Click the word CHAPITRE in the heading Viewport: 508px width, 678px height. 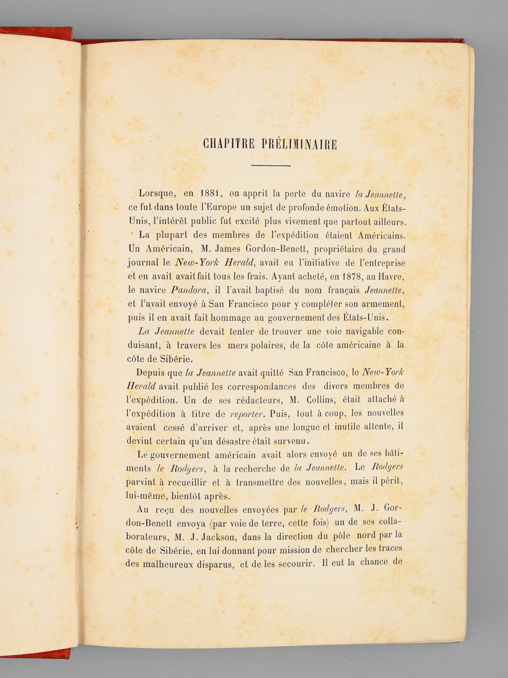point(229,144)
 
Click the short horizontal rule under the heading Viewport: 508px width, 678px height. point(271,165)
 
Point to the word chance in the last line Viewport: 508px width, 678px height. point(374,563)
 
